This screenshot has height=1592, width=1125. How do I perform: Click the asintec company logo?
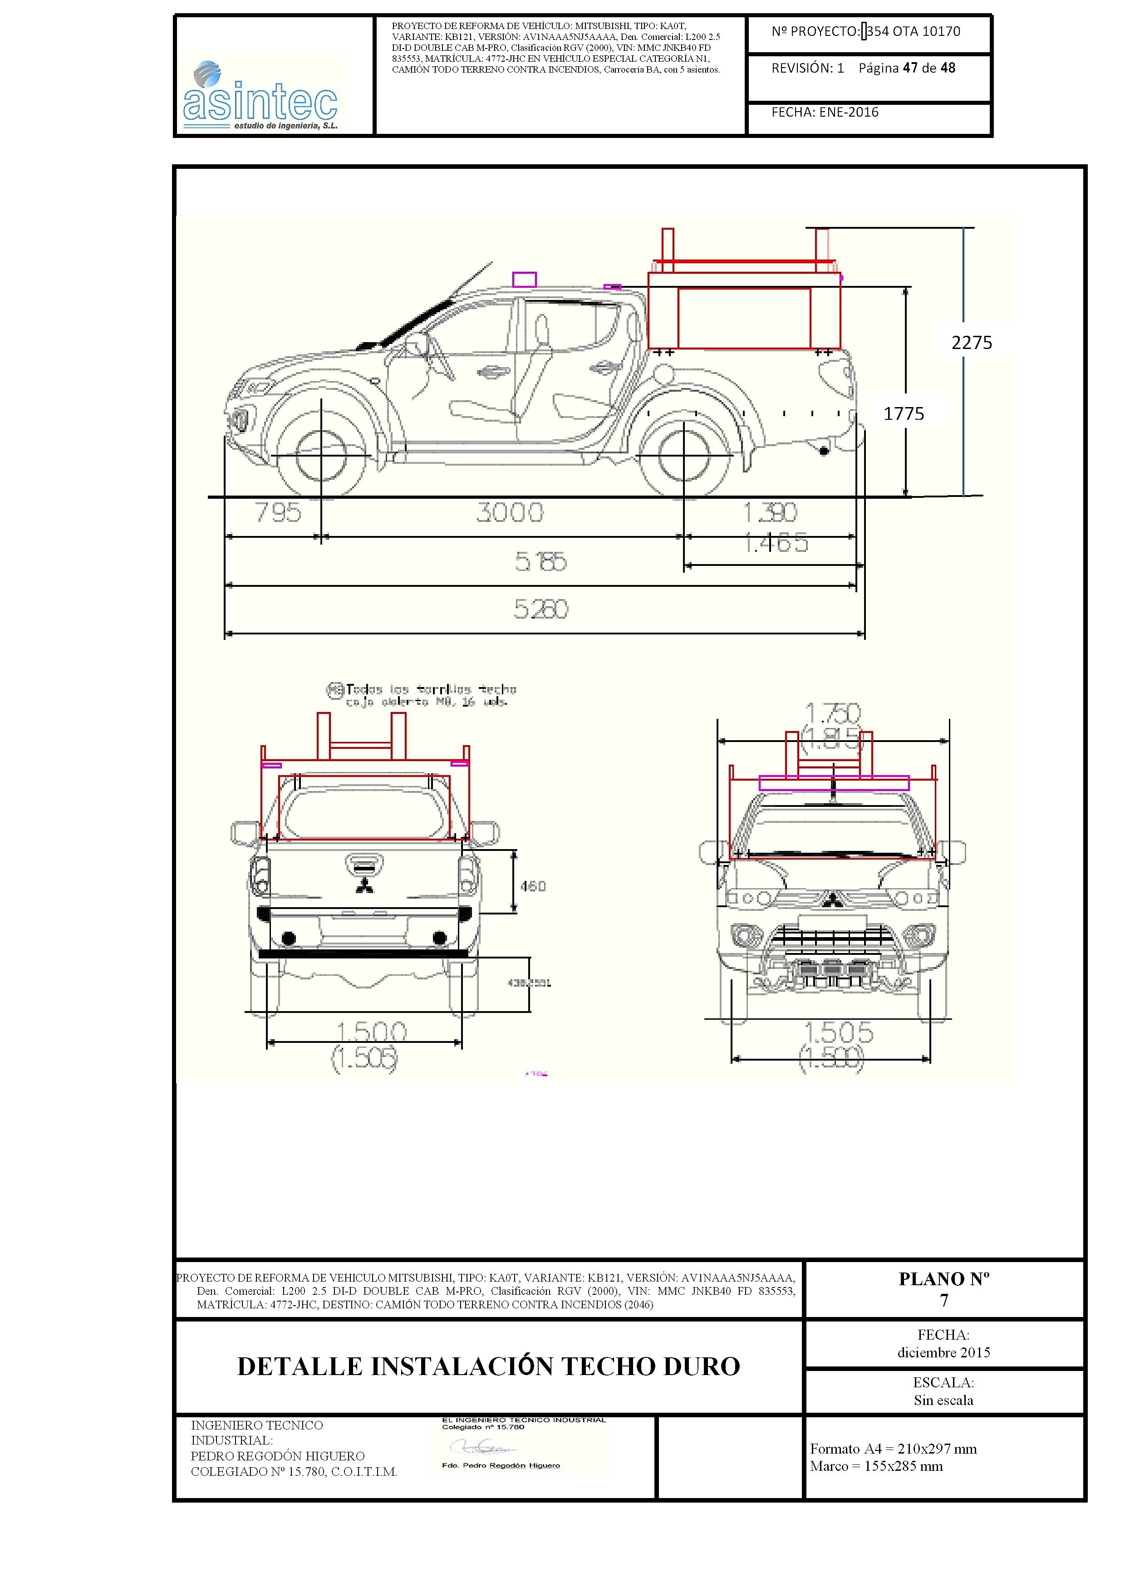260,97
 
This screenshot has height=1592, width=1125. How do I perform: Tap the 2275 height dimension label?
971,343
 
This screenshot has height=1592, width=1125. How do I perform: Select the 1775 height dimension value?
903,414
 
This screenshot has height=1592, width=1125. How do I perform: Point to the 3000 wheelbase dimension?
510,513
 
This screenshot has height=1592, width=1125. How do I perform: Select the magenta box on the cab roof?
524,280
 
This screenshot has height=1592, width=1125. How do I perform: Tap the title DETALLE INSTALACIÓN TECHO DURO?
489,1366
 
